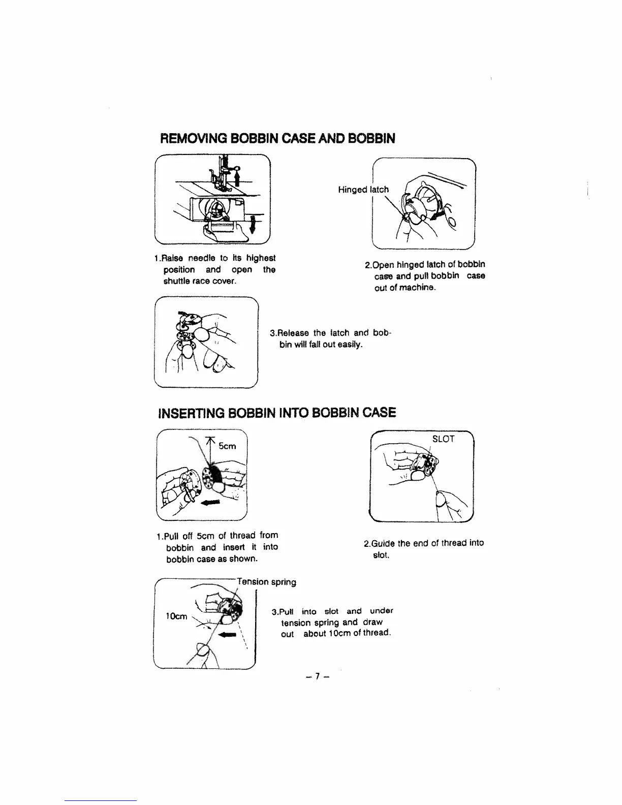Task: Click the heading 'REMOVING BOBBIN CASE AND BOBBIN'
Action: click(277, 138)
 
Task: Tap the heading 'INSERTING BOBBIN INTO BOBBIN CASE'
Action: click(277, 412)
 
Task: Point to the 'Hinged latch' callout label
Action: click(363, 190)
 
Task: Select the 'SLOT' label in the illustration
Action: click(443, 439)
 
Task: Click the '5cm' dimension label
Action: click(227, 446)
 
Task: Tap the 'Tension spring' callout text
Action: click(268, 581)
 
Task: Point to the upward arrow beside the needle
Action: click(237, 178)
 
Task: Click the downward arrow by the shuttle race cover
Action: click(253, 224)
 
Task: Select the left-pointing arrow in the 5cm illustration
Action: click(212, 503)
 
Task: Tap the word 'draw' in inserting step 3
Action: click(372, 622)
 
